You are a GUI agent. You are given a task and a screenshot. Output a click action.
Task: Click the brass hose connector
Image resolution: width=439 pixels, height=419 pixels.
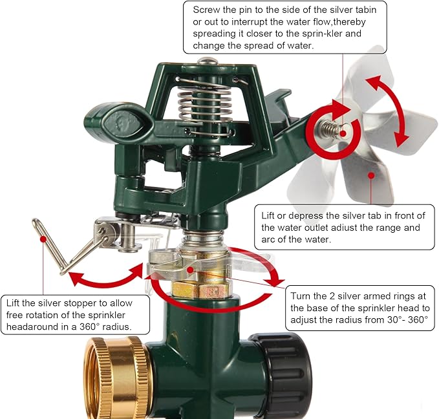(x=118, y=378)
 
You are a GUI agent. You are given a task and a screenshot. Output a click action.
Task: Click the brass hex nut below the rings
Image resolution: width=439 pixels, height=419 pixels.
(x=202, y=291)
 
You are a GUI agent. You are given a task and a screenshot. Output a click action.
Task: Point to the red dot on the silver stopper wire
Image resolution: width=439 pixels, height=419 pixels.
(x=43, y=239)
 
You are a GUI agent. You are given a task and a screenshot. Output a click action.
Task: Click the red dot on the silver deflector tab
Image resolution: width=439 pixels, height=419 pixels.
(x=371, y=176)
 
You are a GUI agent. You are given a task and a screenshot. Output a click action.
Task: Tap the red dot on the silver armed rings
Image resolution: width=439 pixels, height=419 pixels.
(x=190, y=270)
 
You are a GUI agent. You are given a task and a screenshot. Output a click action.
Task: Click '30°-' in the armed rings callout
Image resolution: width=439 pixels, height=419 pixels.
(x=397, y=319)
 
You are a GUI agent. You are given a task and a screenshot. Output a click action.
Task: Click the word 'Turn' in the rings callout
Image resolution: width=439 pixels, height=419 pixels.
(x=301, y=296)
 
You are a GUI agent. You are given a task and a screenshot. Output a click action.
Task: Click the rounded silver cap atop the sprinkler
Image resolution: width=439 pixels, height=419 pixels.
(x=207, y=61)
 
